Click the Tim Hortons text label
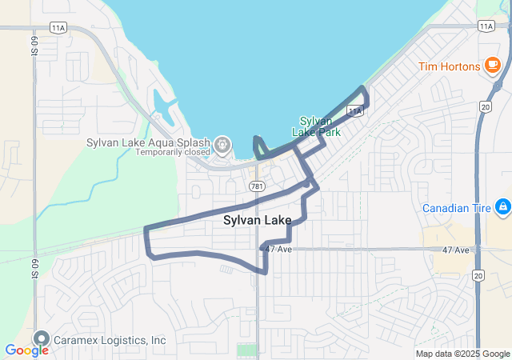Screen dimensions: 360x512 449,66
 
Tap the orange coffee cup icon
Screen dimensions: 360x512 493,66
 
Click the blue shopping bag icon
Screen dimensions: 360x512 502,208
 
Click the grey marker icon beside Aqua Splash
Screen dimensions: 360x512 222,146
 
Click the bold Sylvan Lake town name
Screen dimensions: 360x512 257,220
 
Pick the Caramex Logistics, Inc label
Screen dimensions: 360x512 110,340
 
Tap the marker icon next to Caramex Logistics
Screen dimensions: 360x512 41,339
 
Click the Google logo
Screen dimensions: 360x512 26,350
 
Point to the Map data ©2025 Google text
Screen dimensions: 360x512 462,354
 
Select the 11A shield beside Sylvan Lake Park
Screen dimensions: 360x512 355,110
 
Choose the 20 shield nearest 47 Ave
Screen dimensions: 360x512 478,274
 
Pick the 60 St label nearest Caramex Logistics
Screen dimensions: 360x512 35,266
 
